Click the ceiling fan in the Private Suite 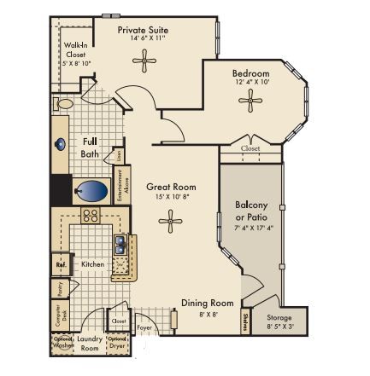144,59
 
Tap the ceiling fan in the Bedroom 250,101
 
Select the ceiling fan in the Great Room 171,222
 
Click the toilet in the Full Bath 64,103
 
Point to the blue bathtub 91,189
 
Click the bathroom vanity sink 62,144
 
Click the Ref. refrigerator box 61,264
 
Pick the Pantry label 60,289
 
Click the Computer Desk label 60,317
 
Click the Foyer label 144,326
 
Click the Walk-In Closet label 74,54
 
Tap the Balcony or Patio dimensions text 253,228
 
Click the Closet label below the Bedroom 250,148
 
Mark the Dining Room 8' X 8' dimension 207,314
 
